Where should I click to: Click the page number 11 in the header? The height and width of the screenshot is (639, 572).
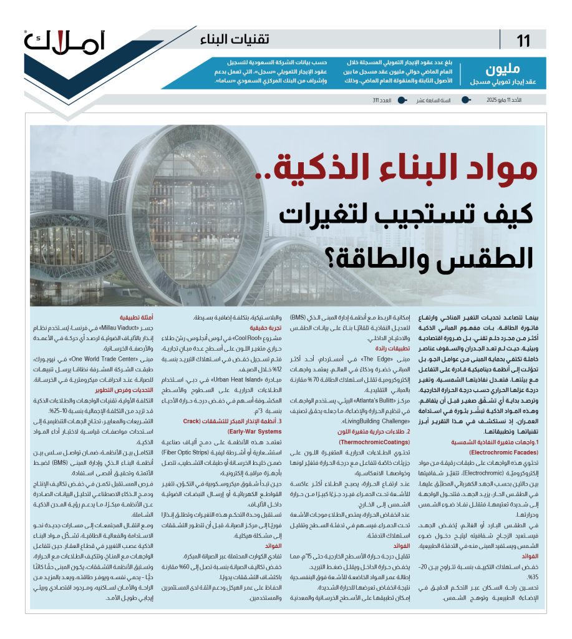tap(523, 42)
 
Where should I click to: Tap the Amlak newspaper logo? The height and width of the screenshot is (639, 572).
tap(65, 41)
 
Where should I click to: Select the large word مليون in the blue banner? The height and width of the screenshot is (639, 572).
tap(503, 69)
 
